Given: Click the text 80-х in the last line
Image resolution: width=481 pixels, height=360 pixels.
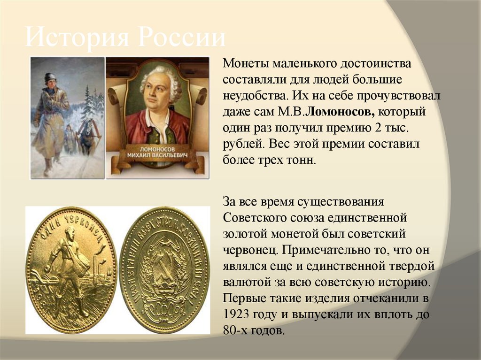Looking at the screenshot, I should (x=236, y=330).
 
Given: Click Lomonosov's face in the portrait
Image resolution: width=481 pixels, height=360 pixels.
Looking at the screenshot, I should (x=157, y=88).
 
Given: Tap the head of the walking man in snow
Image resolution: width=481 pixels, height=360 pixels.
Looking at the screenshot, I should (x=50, y=78).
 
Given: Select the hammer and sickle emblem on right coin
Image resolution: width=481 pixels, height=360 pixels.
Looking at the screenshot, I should (x=164, y=268).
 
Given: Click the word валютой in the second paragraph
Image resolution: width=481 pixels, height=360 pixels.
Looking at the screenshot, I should (x=246, y=283).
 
